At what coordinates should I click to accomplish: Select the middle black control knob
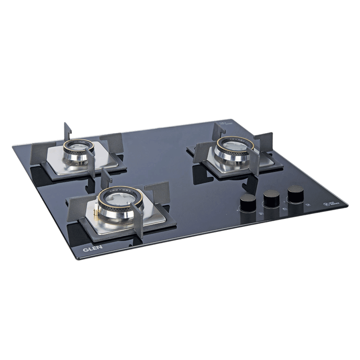click(271, 198)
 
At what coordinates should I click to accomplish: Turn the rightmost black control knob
click(296, 193)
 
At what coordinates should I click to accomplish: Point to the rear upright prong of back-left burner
click(67, 131)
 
